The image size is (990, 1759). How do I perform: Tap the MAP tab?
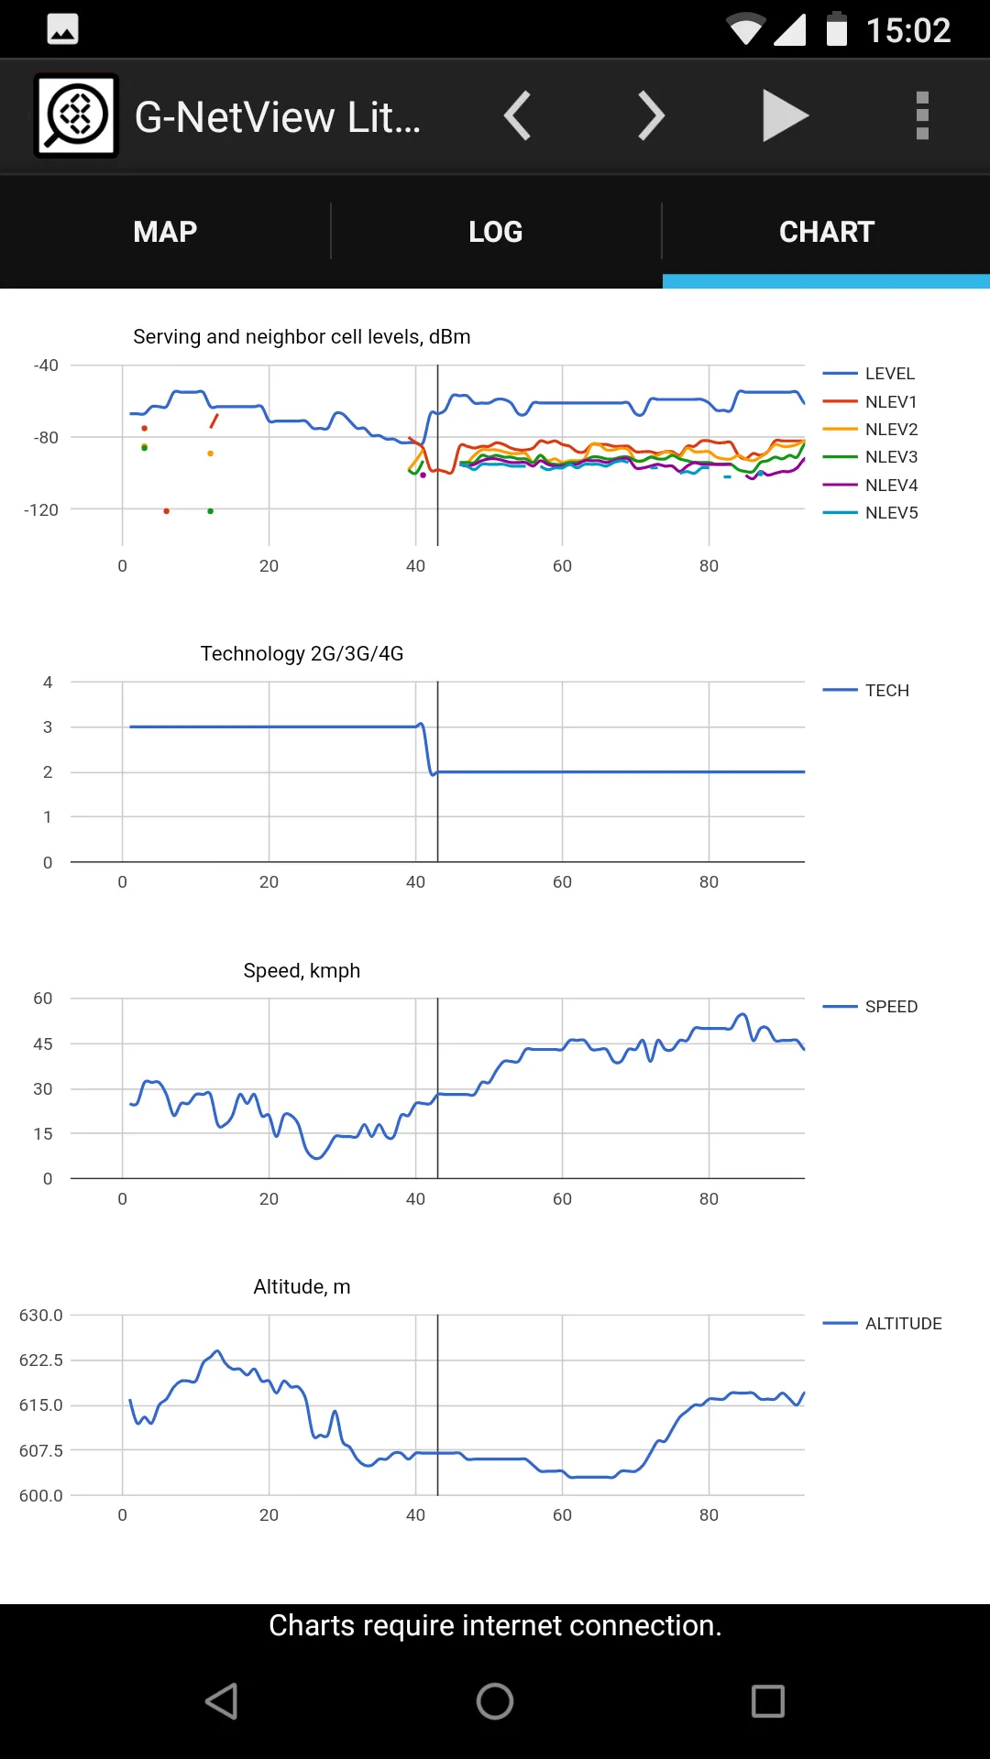coord(165,232)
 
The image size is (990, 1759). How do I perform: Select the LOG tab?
coord(496,232)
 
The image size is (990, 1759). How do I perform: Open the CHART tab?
coord(827,232)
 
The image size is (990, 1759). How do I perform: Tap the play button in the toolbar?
coord(786,116)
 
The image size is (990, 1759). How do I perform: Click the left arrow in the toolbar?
coord(518,116)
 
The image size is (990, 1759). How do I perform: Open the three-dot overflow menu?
coord(922,116)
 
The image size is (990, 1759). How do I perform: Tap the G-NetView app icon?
coord(76,115)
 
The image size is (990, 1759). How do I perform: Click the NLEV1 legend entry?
coord(870,401)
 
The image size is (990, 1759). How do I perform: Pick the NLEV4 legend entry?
coord(870,485)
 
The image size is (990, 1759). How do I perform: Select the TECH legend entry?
coord(866,690)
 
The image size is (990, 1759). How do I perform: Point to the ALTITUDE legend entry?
coord(882,1323)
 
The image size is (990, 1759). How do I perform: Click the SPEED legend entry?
coord(870,1006)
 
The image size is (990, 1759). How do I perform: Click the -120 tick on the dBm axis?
coord(41,509)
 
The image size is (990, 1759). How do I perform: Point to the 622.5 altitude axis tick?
coord(41,1360)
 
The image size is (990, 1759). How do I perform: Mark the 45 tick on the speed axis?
coord(43,1043)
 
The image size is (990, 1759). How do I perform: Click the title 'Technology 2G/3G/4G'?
coord(302,653)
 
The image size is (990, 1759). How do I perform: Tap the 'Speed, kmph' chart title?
coord(302,970)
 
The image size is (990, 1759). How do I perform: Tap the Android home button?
coord(495,1701)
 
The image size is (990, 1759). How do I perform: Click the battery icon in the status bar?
coord(837,29)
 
